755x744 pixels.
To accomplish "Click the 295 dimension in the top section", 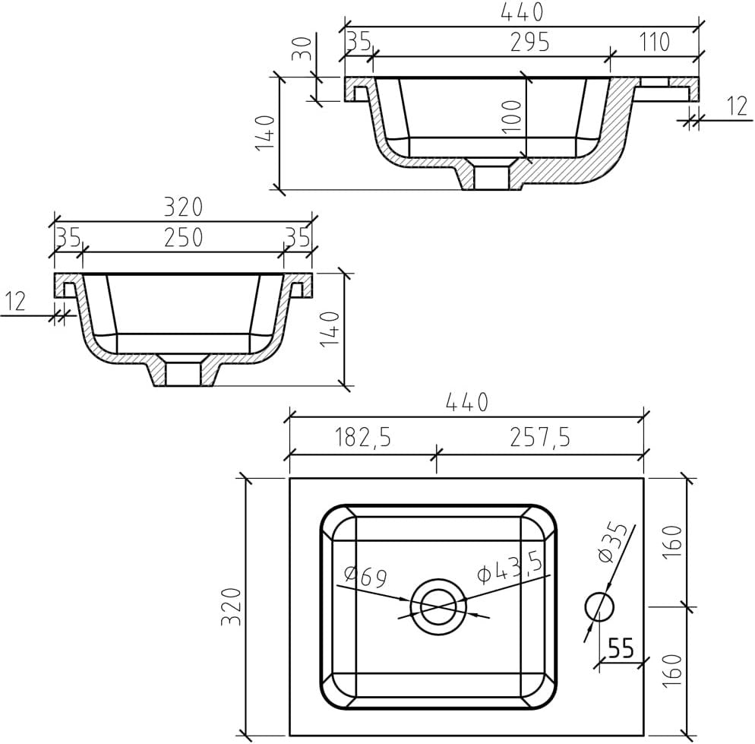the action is coord(529,43).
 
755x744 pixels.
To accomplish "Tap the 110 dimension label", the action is coord(655,42).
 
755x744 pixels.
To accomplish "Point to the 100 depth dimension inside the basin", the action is coord(511,116).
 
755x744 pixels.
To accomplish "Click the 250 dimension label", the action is coord(184,238).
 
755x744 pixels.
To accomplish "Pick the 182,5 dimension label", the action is coord(362,438).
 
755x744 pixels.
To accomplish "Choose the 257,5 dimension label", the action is coord(540,438).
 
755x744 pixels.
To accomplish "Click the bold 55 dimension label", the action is coord(621,648).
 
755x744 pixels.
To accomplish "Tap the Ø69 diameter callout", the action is coord(366,577).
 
